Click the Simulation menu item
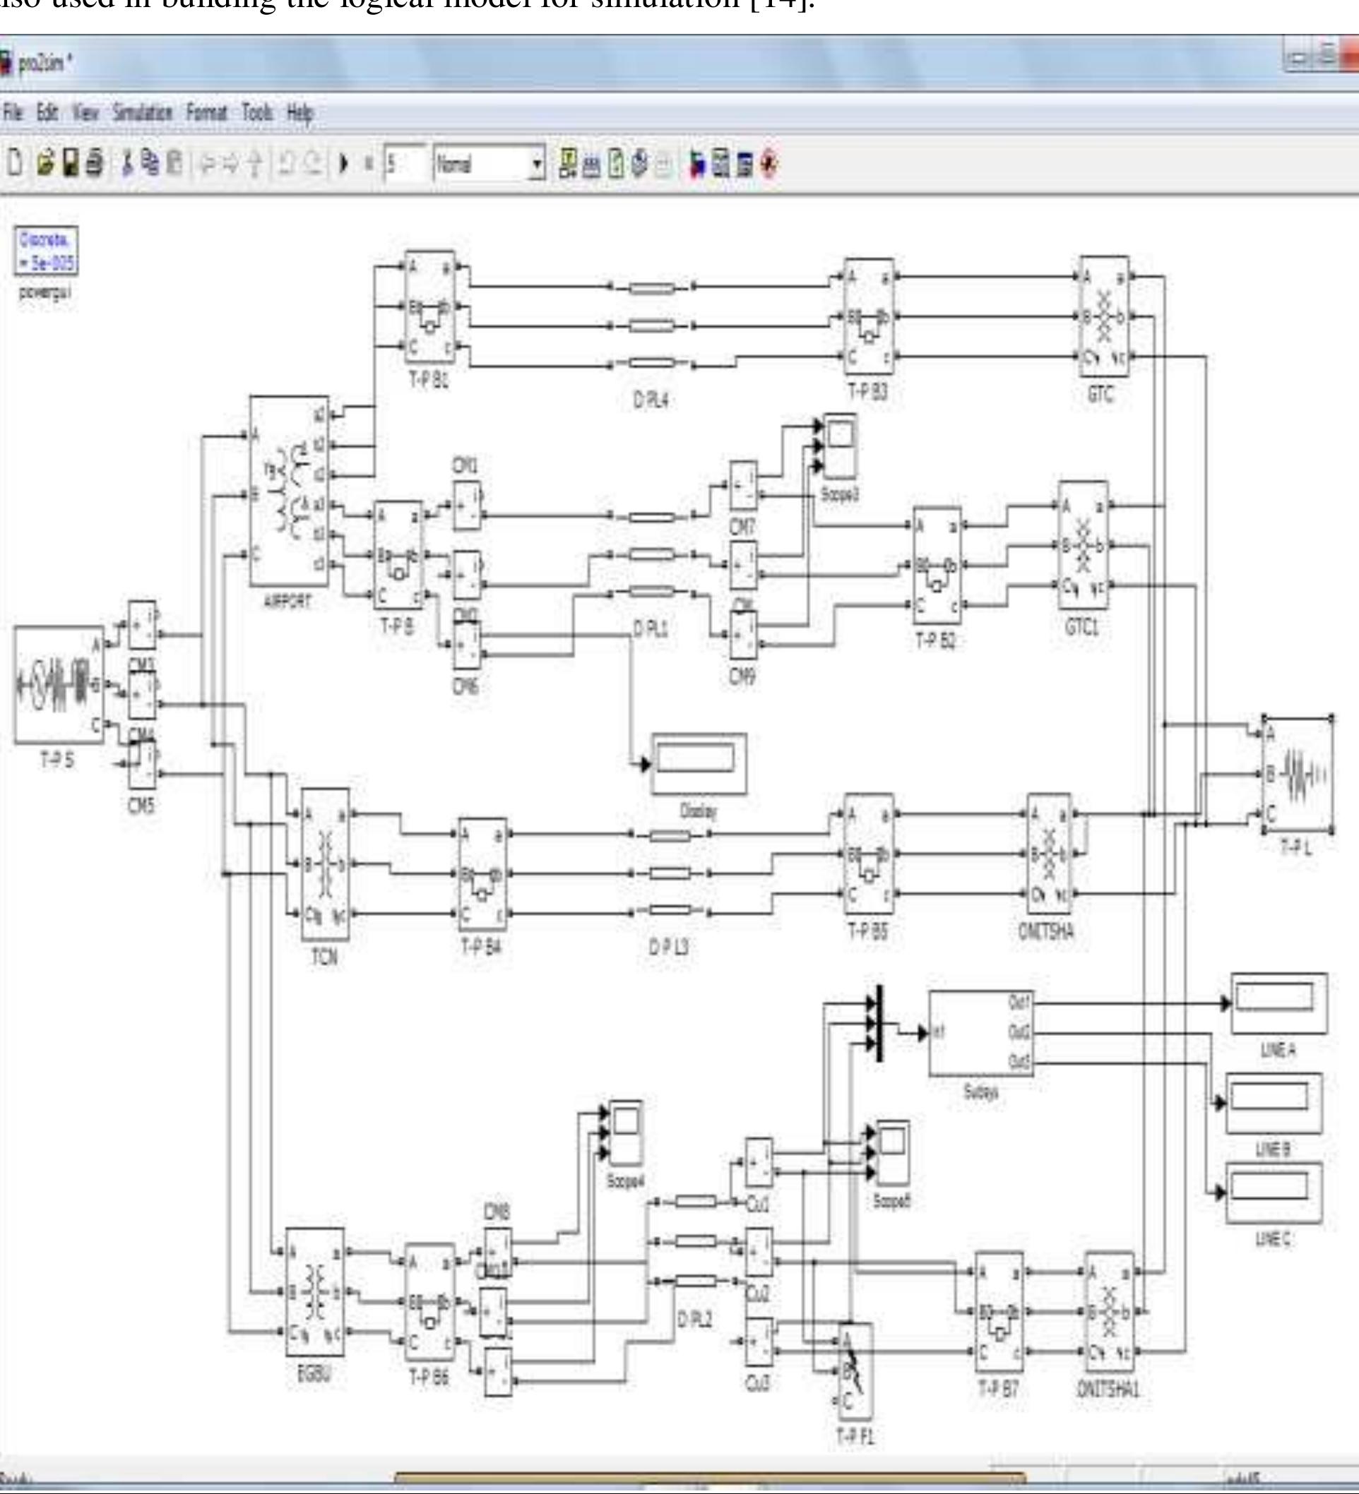(x=143, y=113)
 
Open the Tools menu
(x=256, y=113)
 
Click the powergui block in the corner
(x=46, y=251)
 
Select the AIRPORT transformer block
(x=289, y=490)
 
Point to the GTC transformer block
(x=1104, y=316)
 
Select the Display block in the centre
(x=699, y=763)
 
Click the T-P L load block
(x=1297, y=775)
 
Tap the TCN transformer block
(x=325, y=864)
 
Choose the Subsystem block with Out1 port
(x=981, y=1032)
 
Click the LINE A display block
(x=1278, y=1003)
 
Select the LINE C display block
(x=1274, y=1193)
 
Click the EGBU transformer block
(x=315, y=1291)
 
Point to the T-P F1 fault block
(x=855, y=1370)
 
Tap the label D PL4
(x=651, y=400)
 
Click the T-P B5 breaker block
(x=869, y=854)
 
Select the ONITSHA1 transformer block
(x=1109, y=1312)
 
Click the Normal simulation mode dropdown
(x=489, y=164)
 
